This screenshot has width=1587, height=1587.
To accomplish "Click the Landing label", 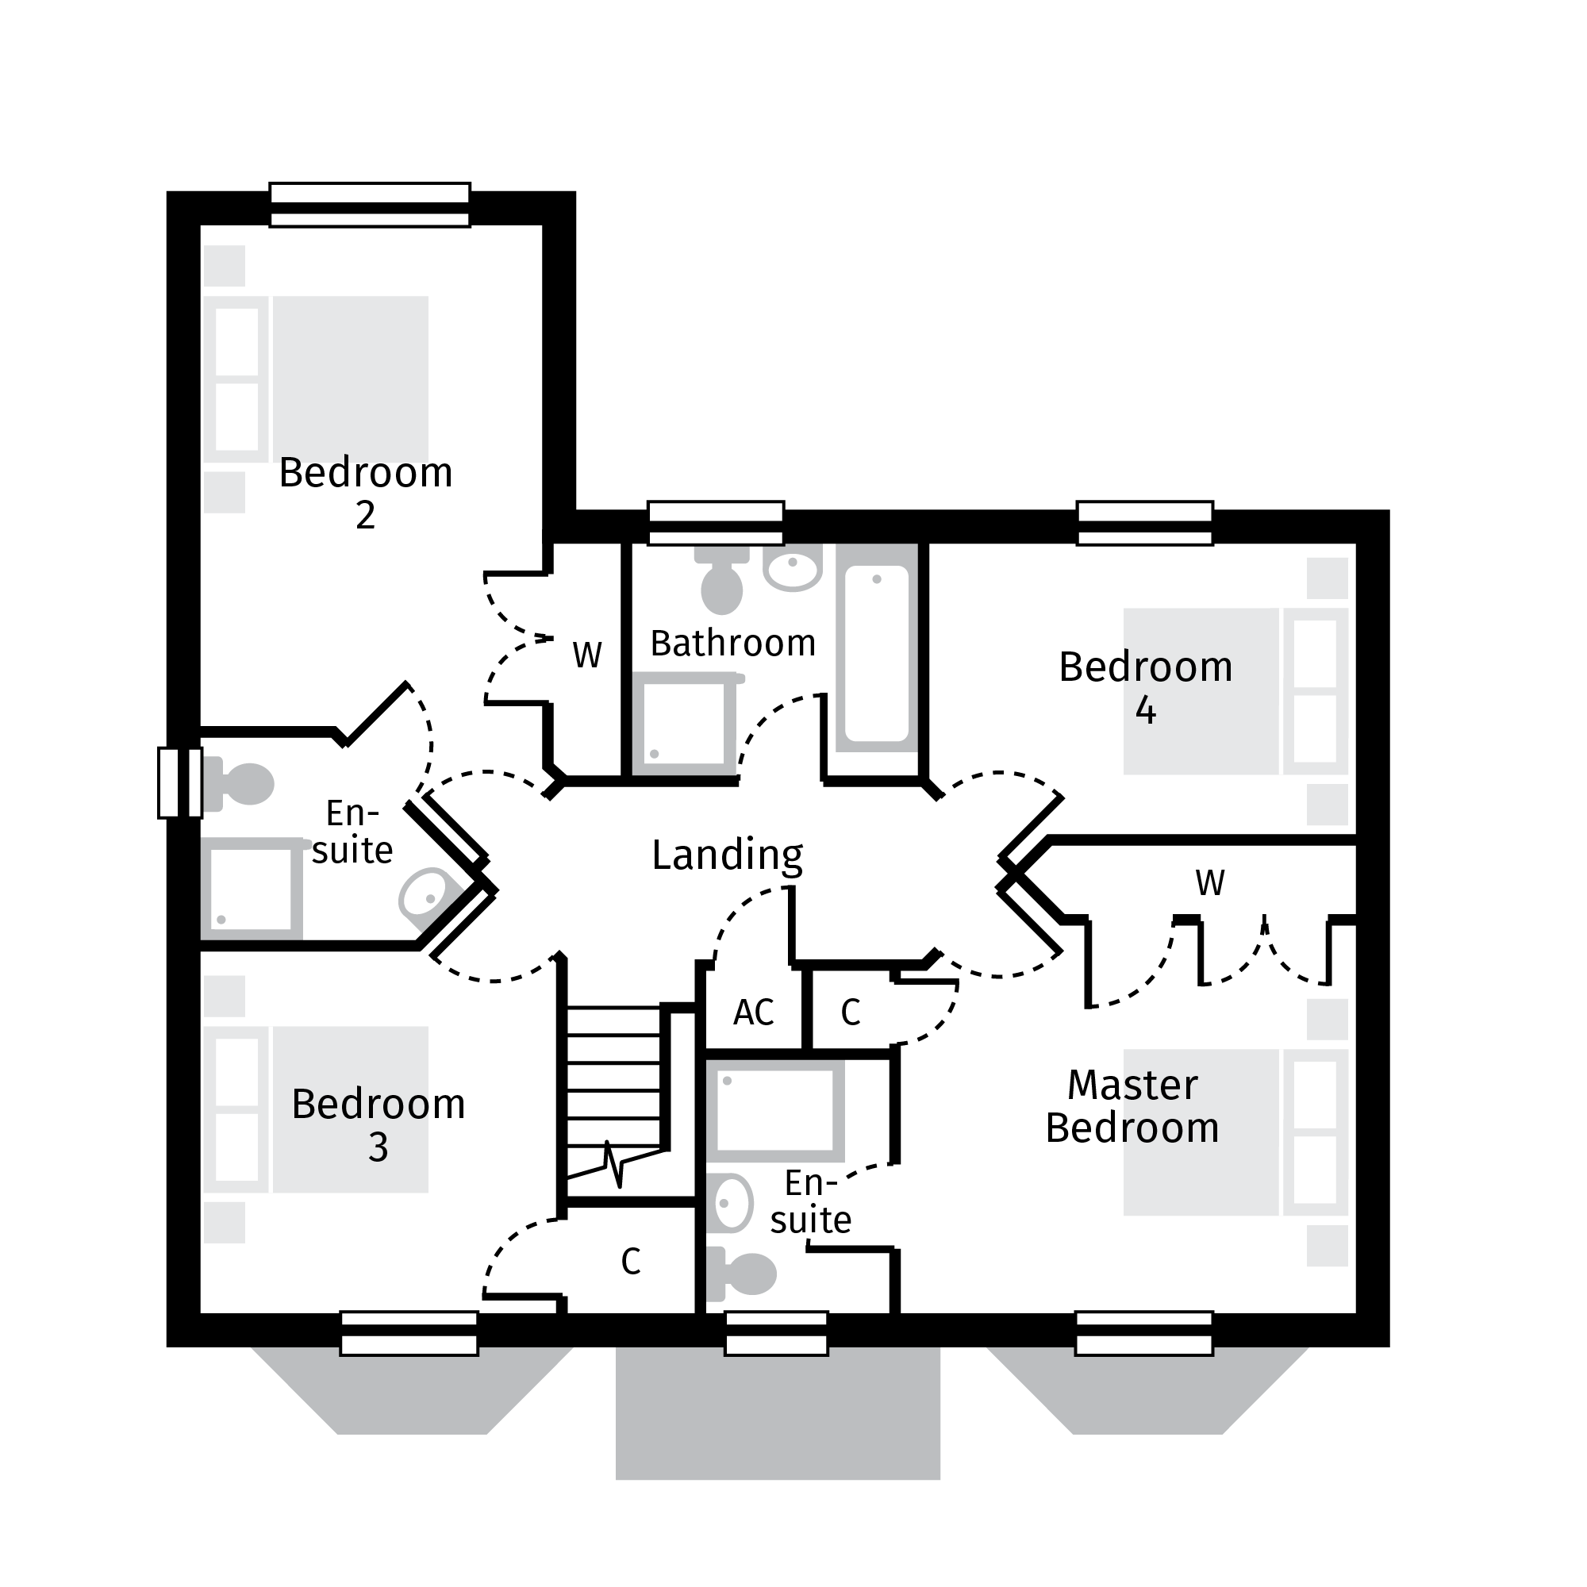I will (x=727, y=855).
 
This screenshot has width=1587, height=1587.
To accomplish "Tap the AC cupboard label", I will (x=753, y=1013).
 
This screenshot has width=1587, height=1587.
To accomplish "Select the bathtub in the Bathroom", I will (x=877, y=653).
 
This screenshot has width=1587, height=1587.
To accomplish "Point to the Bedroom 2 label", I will (x=366, y=493).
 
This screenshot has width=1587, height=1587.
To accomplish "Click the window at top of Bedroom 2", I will (x=370, y=205).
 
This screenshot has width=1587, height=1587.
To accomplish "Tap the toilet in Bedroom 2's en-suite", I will (x=242, y=784).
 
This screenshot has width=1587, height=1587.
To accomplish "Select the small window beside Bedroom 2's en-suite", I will (x=180, y=783).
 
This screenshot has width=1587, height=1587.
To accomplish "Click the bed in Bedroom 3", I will (x=351, y=1109).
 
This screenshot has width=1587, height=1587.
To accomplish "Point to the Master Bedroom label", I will (x=1132, y=1105).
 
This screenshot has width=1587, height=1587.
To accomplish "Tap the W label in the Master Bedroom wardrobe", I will (x=1210, y=884).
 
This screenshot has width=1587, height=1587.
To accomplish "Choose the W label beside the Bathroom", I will (x=587, y=655).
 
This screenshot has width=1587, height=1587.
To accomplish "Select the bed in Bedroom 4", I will (x=1201, y=691).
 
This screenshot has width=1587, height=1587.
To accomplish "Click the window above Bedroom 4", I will (x=1145, y=523).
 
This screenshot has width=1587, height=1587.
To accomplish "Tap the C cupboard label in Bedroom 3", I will (x=630, y=1262).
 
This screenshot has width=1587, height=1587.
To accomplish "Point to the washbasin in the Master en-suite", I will (x=729, y=1203).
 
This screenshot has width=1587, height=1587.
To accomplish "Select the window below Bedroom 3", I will (x=409, y=1332).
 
